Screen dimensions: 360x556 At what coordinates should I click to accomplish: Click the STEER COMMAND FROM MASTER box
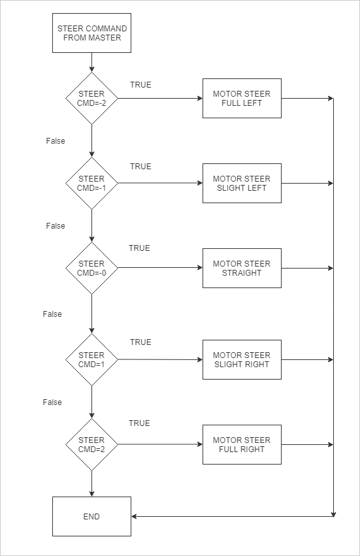[x=92, y=33]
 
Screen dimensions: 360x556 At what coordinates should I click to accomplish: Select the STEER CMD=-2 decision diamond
[x=92, y=98]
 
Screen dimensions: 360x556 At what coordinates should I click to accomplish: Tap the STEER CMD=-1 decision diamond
[x=92, y=183]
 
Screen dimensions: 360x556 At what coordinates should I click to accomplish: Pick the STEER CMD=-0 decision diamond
[x=92, y=268]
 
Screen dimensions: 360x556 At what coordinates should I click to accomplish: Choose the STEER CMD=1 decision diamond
[x=92, y=359]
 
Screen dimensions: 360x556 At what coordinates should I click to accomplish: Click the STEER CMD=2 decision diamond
[x=92, y=444]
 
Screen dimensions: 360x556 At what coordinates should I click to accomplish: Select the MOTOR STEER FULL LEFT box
[x=242, y=98]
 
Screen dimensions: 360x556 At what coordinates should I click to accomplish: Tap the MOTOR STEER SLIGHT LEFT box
[x=242, y=183]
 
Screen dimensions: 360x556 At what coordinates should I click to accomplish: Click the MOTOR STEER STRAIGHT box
[x=242, y=268]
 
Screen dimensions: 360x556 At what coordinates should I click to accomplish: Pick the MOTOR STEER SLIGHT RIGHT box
[x=242, y=359]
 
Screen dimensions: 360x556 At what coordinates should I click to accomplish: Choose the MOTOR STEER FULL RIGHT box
[x=242, y=444]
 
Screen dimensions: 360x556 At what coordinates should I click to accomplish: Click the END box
[x=92, y=516]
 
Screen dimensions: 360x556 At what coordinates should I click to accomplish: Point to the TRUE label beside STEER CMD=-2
[x=141, y=85]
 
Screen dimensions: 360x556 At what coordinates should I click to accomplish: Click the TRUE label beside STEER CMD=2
[x=139, y=423]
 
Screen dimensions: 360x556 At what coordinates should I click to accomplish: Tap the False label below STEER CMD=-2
[x=56, y=140]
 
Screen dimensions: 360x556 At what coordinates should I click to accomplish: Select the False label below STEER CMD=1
[x=52, y=402]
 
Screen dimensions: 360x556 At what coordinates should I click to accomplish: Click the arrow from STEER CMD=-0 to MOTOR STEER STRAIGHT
[x=160, y=268]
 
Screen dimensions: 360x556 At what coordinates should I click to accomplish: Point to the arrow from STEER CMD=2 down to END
[x=92, y=483]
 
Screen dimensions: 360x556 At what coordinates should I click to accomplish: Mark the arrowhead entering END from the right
[x=134, y=516]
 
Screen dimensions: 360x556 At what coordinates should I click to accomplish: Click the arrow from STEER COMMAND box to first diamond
[x=92, y=63]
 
